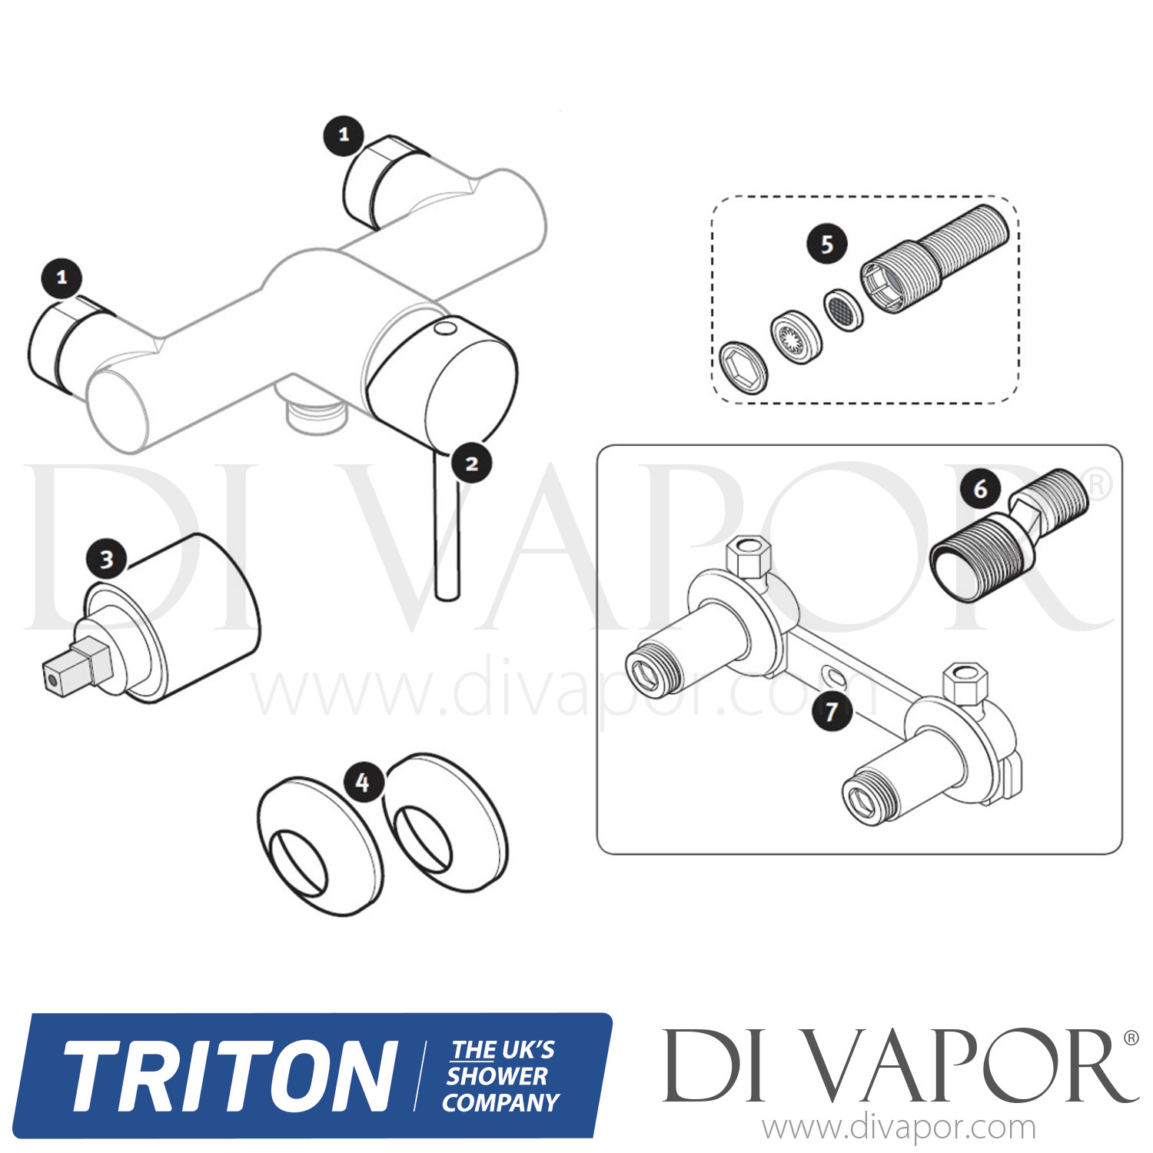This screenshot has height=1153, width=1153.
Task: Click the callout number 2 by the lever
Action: coord(471,464)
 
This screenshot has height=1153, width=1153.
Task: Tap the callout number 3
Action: coord(106,559)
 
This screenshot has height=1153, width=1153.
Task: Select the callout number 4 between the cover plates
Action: coord(363,783)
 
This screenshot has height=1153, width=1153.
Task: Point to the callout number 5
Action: coord(826,244)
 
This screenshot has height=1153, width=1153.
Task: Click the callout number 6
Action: coord(980,489)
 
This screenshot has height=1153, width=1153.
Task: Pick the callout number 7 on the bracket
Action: coord(831,710)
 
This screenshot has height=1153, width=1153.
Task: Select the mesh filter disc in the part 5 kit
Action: coord(842,310)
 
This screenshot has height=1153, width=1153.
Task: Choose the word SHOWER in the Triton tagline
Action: coord(497,1076)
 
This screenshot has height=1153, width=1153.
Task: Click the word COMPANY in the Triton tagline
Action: coord(500,1103)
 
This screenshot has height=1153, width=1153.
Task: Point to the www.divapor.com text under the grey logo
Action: coord(899,1128)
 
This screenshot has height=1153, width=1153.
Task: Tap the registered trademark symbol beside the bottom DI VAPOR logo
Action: coord(1131,1038)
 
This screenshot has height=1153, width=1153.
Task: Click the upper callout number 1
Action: coord(344,135)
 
